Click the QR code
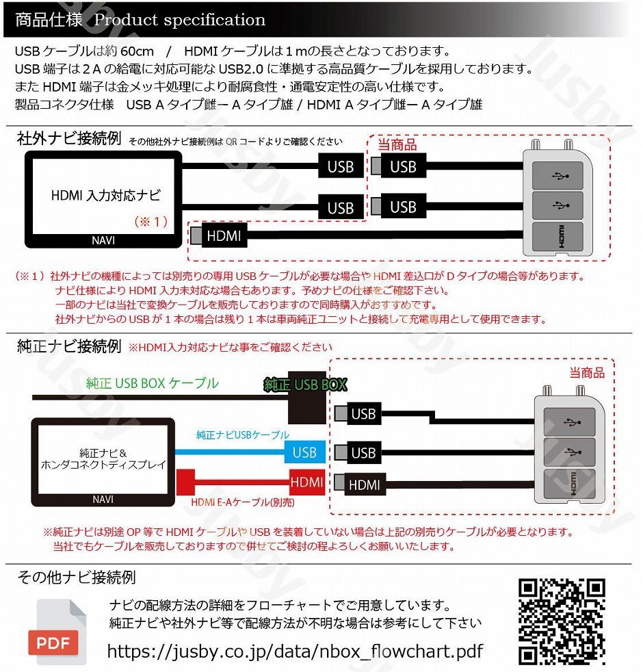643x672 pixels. click(561, 621)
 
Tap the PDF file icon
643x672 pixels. click(60, 631)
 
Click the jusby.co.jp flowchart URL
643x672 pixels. click(295, 651)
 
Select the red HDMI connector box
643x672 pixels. click(306, 482)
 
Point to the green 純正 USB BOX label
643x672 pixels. click(305, 385)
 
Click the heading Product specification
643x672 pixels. click(179, 19)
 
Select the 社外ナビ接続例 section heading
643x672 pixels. click(68, 140)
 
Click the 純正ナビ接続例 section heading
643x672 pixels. click(68, 346)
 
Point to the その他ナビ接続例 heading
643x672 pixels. click(76, 576)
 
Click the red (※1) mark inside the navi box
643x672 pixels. click(150, 221)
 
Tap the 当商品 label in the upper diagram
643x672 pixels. click(397, 145)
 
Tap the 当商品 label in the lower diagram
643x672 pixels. click(587, 372)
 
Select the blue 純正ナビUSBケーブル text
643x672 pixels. click(242, 435)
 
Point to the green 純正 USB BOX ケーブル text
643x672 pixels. click(152, 383)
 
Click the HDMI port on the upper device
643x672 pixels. click(558, 236)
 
